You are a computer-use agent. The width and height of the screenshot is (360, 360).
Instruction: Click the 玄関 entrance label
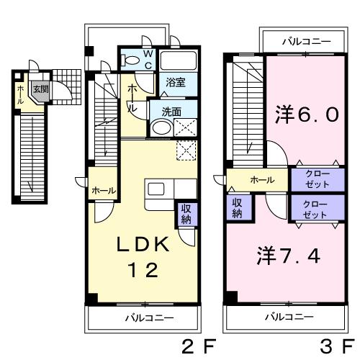[x=41, y=89]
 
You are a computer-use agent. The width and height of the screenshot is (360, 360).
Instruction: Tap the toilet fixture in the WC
[x=130, y=60]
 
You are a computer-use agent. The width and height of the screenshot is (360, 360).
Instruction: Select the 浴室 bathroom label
[x=176, y=82]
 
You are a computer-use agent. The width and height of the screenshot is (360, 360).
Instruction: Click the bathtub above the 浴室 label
[x=179, y=60]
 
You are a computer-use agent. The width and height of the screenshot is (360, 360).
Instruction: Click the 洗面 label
[x=171, y=112]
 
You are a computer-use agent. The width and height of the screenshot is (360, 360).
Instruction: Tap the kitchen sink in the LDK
[x=156, y=189]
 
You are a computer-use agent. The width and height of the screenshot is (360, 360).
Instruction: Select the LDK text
[x=143, y=244]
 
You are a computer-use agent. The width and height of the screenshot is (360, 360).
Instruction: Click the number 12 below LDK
[x=143, y=270]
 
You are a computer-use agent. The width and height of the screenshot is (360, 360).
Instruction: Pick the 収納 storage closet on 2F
[x=186, y=215]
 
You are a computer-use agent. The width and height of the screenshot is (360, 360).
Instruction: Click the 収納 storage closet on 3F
[x=238, y=207]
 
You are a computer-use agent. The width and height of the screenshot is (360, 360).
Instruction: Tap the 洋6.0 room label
[x=307, y=114]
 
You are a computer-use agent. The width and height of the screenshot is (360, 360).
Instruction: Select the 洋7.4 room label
[x=289, y=256]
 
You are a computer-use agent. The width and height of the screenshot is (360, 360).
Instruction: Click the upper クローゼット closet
[x=318, y=179]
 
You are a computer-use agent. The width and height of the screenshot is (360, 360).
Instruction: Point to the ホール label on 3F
[x=262, y=180]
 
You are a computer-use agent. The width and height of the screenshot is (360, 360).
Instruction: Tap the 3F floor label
[x=338, y=346]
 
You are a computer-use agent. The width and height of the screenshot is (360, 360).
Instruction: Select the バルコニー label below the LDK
[x=150, y=318]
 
